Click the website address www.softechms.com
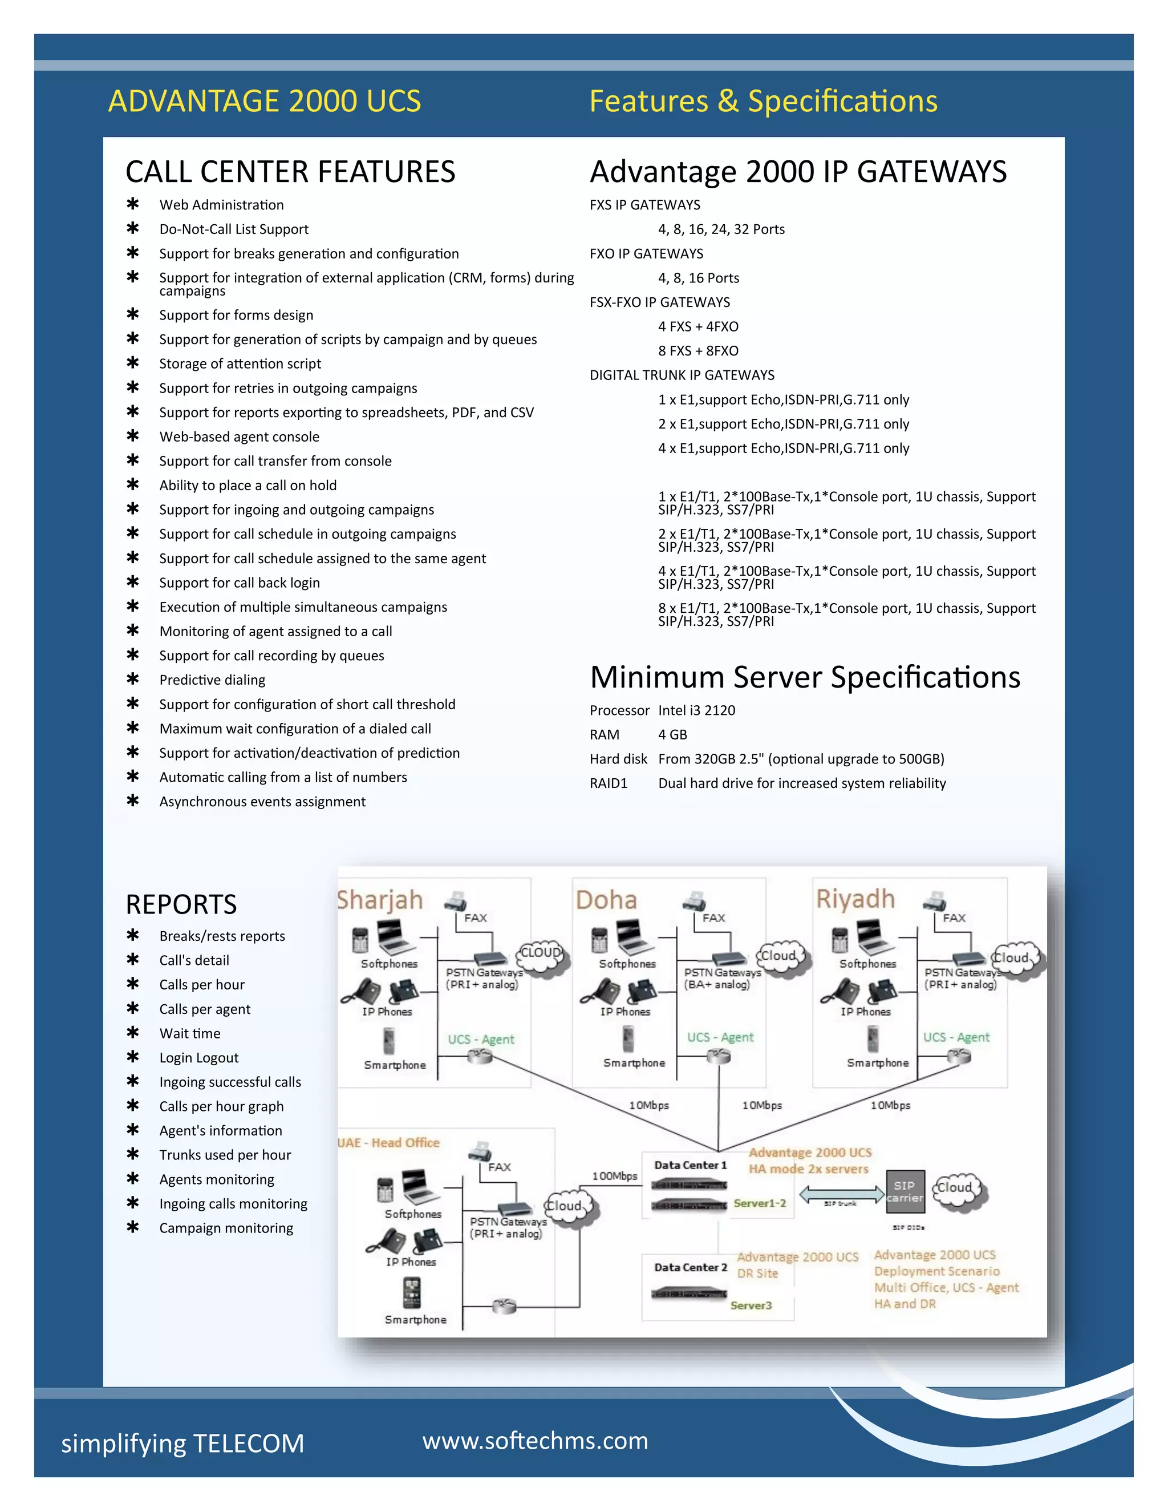(x=535, y=1441)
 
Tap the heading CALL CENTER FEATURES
(x=290, y=172)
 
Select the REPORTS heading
(x=181, y=904)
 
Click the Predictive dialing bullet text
(x=212, y=680)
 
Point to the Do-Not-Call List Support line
(x=234, y=229)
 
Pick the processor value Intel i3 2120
(x=696, y=710)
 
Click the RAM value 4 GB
(x=672, y=734)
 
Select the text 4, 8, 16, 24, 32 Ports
(x=721, y=229)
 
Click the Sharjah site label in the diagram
(x=380, y=900)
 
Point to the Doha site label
(x=606, y=900)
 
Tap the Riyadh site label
(x=855, y=899)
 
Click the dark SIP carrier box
(x=905, y=1191)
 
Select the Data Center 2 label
(x=691, y=1267)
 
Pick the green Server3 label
(x=751, y=1305)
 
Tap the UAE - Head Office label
(x=389, y=1142)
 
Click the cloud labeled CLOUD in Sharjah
(x=541, y=955)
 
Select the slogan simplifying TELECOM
(x=182, y=1444)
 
